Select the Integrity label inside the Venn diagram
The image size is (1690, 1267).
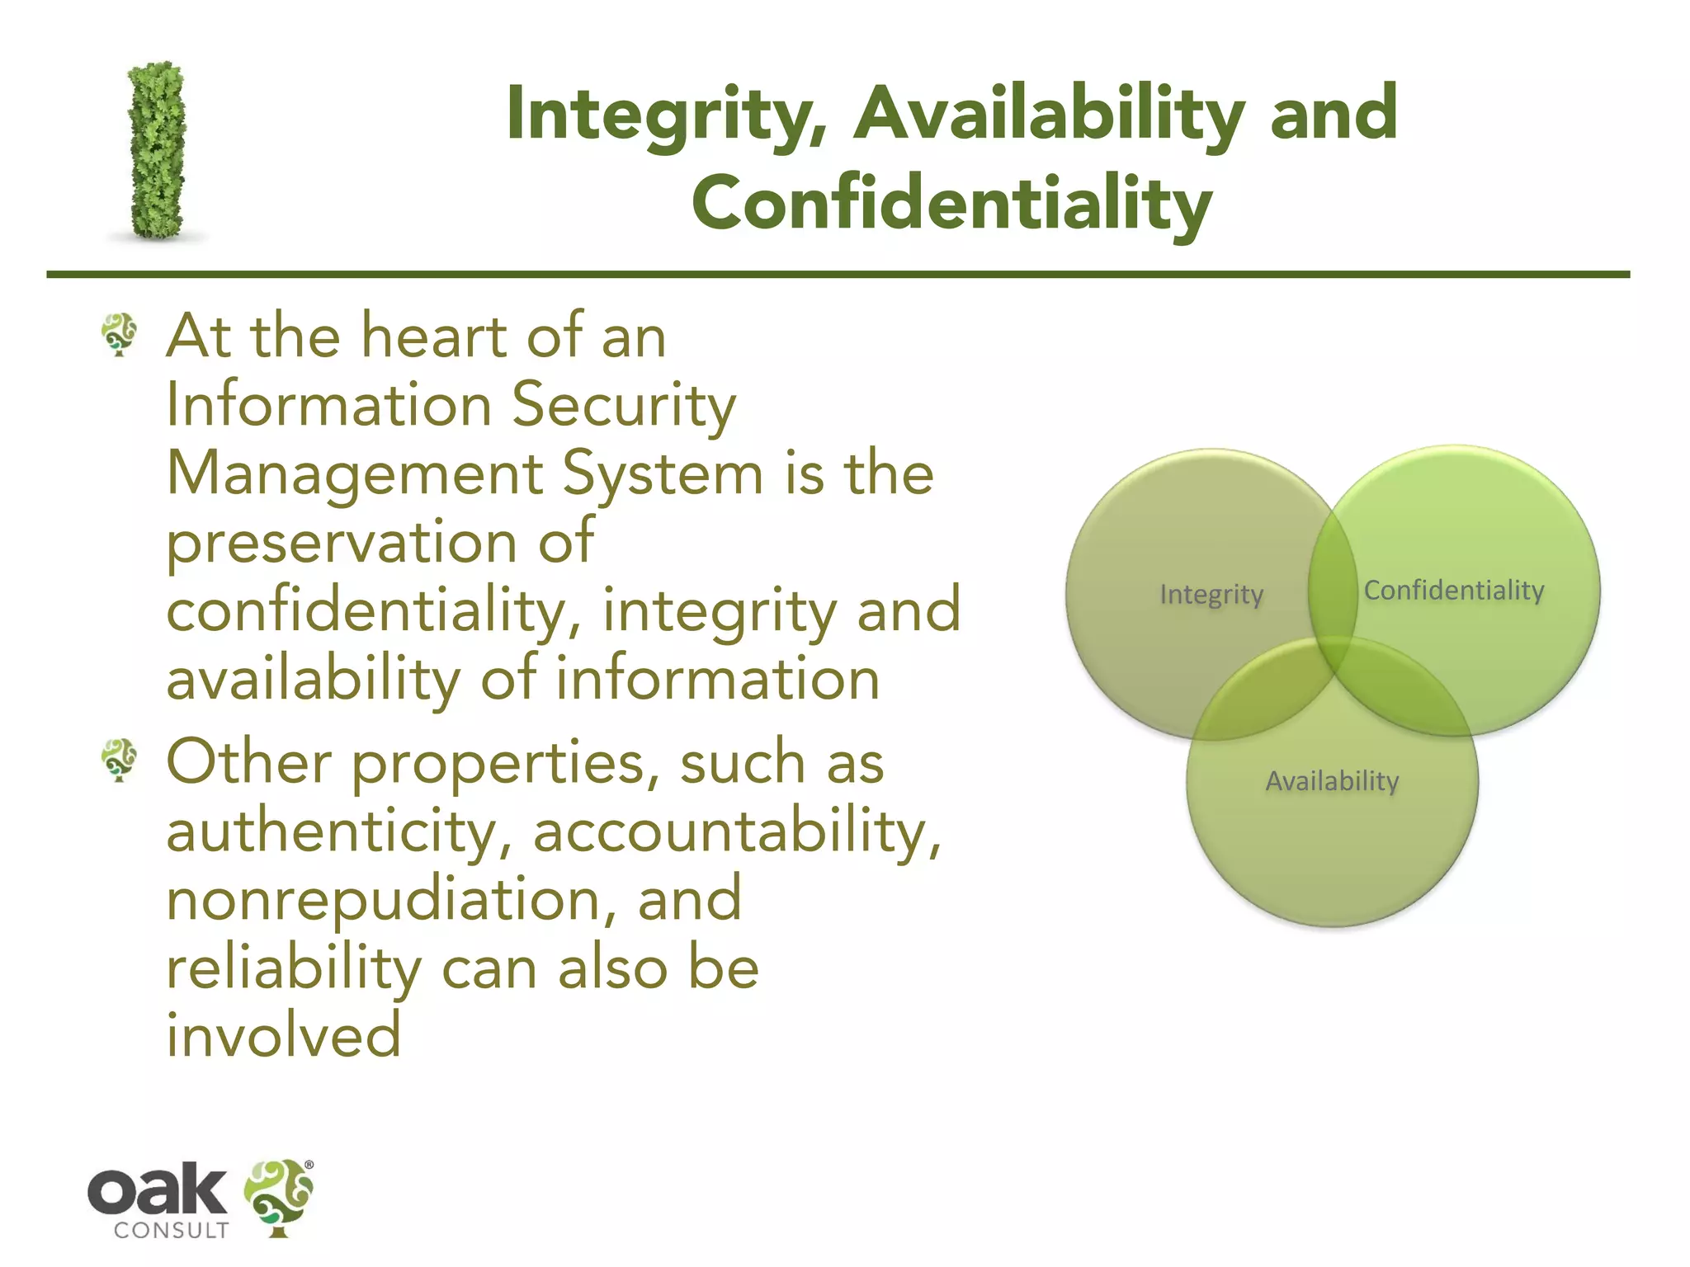click(x=1211, y=594)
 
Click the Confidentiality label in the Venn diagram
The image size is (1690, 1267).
click(x=1454, y=591)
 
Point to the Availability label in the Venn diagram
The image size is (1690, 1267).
click(x=1332, y=780)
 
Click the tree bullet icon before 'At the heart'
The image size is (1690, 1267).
click(x=120, y=334)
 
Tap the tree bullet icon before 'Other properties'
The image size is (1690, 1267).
click(x=120, y=760)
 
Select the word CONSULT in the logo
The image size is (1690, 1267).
click(x=171, y=1231)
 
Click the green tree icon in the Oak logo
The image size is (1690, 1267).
click(x=278, y=1197)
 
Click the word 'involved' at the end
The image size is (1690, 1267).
click(x=284, y=1036)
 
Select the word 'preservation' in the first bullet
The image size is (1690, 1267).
click(x=342, y=544)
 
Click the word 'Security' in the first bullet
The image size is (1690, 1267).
click(x=624, y=406)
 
